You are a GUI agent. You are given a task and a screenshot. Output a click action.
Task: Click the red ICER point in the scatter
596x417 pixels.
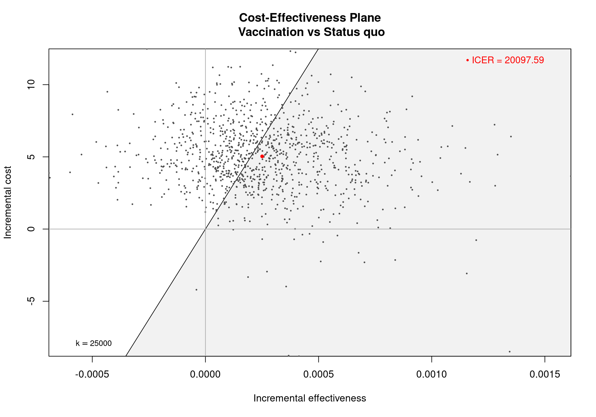[x=262, y=156]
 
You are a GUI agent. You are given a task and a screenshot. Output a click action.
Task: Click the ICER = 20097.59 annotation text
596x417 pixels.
[x=508, y=60]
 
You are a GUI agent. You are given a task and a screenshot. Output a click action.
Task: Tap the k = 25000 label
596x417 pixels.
[x=93, y=343]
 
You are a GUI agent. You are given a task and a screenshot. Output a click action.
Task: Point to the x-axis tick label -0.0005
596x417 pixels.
[x=92, y=374]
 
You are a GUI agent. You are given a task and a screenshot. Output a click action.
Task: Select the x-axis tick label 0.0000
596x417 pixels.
[x=205, y=374]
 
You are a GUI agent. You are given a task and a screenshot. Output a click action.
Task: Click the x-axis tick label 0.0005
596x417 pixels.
[x=318, y=374]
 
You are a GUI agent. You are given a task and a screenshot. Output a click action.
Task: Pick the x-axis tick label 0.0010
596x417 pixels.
[x=431, y=374]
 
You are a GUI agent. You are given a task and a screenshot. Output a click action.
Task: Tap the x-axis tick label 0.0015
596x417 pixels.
[x=545, y=374]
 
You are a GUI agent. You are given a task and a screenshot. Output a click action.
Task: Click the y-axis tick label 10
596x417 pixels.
[x=31, y=84]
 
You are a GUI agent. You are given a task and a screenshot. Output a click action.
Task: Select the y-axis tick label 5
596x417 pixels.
[x=31, y=157]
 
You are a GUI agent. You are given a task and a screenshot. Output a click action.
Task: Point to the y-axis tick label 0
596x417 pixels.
[x=31, y=229]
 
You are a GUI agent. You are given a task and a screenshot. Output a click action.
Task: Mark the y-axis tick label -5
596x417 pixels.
[x=31, y=301]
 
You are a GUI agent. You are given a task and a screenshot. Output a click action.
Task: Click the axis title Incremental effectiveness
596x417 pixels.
[x=309, y=398]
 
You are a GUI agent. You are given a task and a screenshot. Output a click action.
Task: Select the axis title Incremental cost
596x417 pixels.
[x=8, y=202]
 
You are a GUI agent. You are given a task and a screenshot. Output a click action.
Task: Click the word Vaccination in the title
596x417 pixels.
[x=271, y=32]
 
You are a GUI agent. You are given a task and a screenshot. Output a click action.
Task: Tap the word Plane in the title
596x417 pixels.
[x=365, y=18]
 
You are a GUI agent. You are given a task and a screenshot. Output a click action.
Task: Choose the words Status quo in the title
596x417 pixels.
[x=354, y=32]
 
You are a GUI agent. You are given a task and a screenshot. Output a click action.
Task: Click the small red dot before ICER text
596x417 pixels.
[x=467, y=60]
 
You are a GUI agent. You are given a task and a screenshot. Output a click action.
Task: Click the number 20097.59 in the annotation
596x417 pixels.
[x=524, y=60]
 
